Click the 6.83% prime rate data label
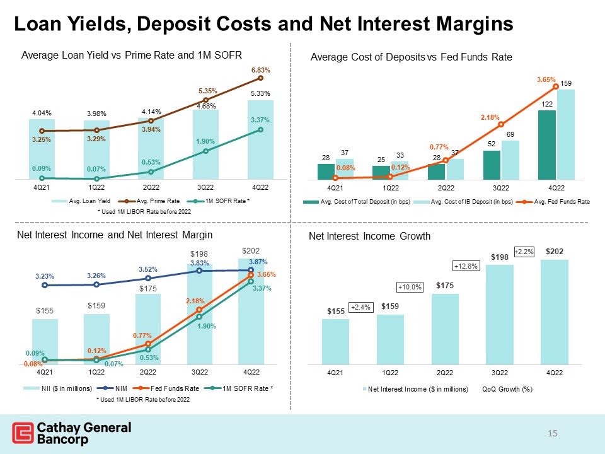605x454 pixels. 260,70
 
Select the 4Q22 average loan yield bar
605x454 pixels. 260,140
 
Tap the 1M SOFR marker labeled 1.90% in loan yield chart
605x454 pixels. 205,151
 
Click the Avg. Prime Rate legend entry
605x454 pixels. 149,201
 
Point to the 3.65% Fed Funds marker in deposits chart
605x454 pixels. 556,86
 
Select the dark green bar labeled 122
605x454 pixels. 547,145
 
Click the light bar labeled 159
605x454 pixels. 566,135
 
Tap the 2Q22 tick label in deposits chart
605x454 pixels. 446,188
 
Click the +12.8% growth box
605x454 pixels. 466,266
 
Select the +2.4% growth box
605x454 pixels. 360,307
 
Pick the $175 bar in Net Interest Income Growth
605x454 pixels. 445,329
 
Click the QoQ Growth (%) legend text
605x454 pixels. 507,389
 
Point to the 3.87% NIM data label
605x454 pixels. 258,262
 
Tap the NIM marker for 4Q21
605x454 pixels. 45,285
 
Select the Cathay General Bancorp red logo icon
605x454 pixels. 23,433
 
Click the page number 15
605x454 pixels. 553,433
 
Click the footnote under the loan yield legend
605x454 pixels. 144,212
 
